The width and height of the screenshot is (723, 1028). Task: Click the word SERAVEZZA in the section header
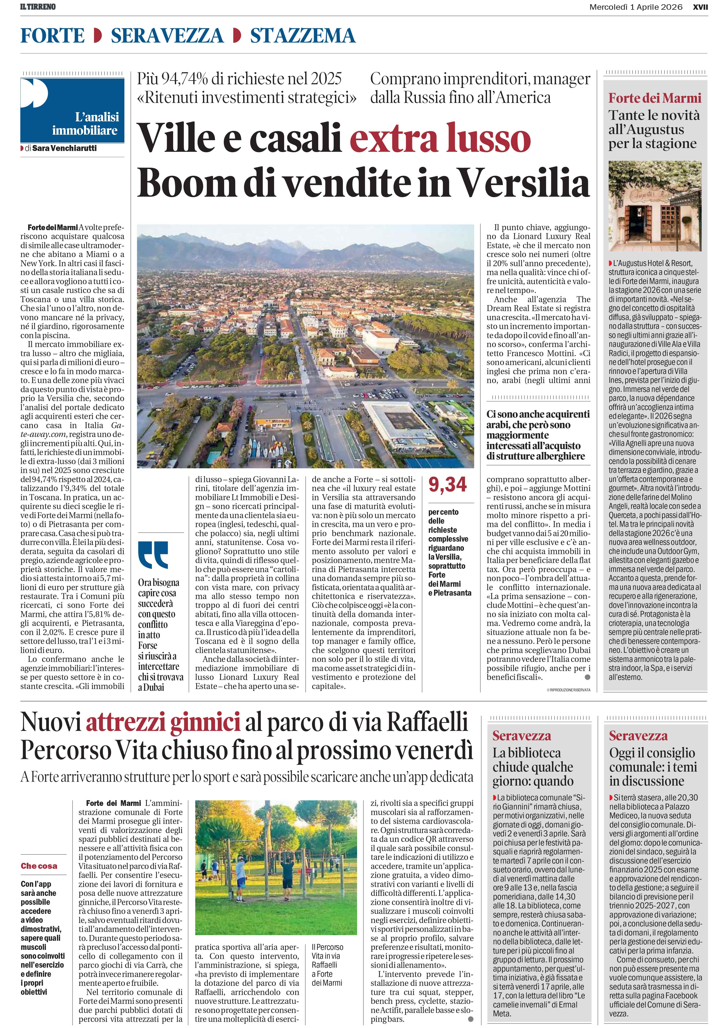[x=167, y=35]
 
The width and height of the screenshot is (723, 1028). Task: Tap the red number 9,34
[x=447, y=484]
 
